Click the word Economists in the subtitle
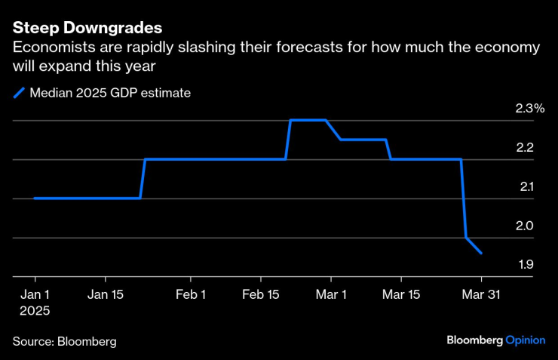(48, 48)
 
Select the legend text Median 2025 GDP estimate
(110, 94)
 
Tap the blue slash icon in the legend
(18, 94)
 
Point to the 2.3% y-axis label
(529, 109)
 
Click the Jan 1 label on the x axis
(35, 294)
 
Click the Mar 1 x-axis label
(332, 294)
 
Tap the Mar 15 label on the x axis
(401, 294)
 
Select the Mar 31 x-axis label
(482, 294)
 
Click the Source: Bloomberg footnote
(64, 341)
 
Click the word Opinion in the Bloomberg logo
(525, 340)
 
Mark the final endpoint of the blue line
(482, 254)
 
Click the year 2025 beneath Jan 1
(35, 309)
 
